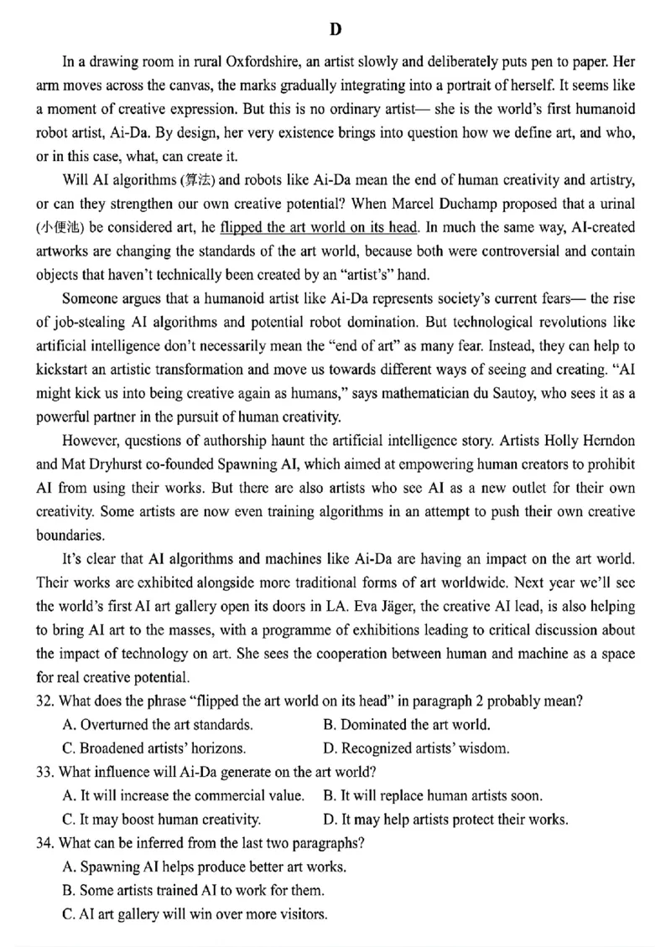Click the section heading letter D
point(335,30)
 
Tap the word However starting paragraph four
point(91,440)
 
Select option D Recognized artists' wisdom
point(416,748)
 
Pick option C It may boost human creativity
point(162,820)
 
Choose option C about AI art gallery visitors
point(195,913)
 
